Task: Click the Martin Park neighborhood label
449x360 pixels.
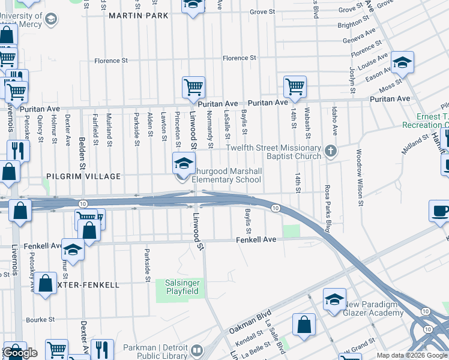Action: (139, 15)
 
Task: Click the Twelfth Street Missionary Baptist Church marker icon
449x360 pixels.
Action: (330, 152)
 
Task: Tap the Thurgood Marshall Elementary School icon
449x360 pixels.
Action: (184, 163)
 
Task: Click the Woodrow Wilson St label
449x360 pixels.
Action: (360, 178)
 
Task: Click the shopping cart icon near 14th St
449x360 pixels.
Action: (295, 86)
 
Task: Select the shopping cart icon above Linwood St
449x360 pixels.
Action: (193, 87)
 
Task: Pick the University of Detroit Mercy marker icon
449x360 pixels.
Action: (52, 20)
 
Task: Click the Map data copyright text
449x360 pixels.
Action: (412, 355)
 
